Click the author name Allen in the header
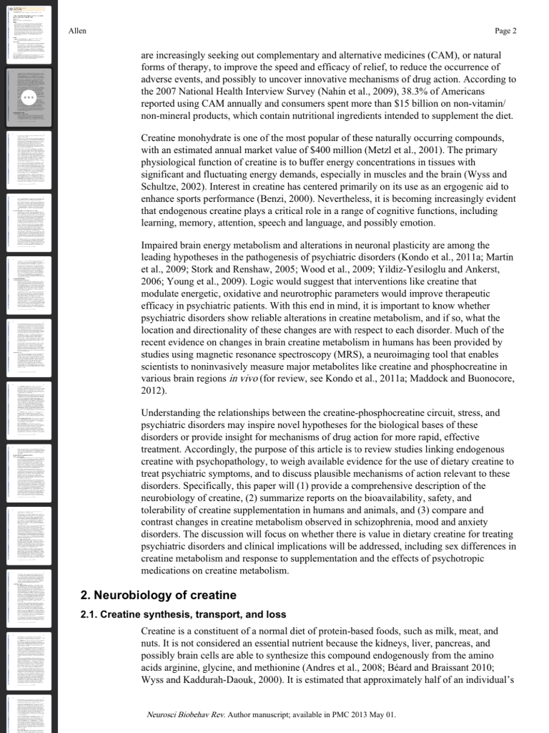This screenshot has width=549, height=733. [77, 31]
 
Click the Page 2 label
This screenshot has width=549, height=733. [505, 31]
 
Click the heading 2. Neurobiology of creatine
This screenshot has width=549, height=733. [158, 595]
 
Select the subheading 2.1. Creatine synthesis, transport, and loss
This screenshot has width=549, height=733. [183, 614]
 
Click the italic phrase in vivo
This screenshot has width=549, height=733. [244, 379]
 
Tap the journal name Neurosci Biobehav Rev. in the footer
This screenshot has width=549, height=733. [185, 714]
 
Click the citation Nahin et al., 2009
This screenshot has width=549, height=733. [329, 92]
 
